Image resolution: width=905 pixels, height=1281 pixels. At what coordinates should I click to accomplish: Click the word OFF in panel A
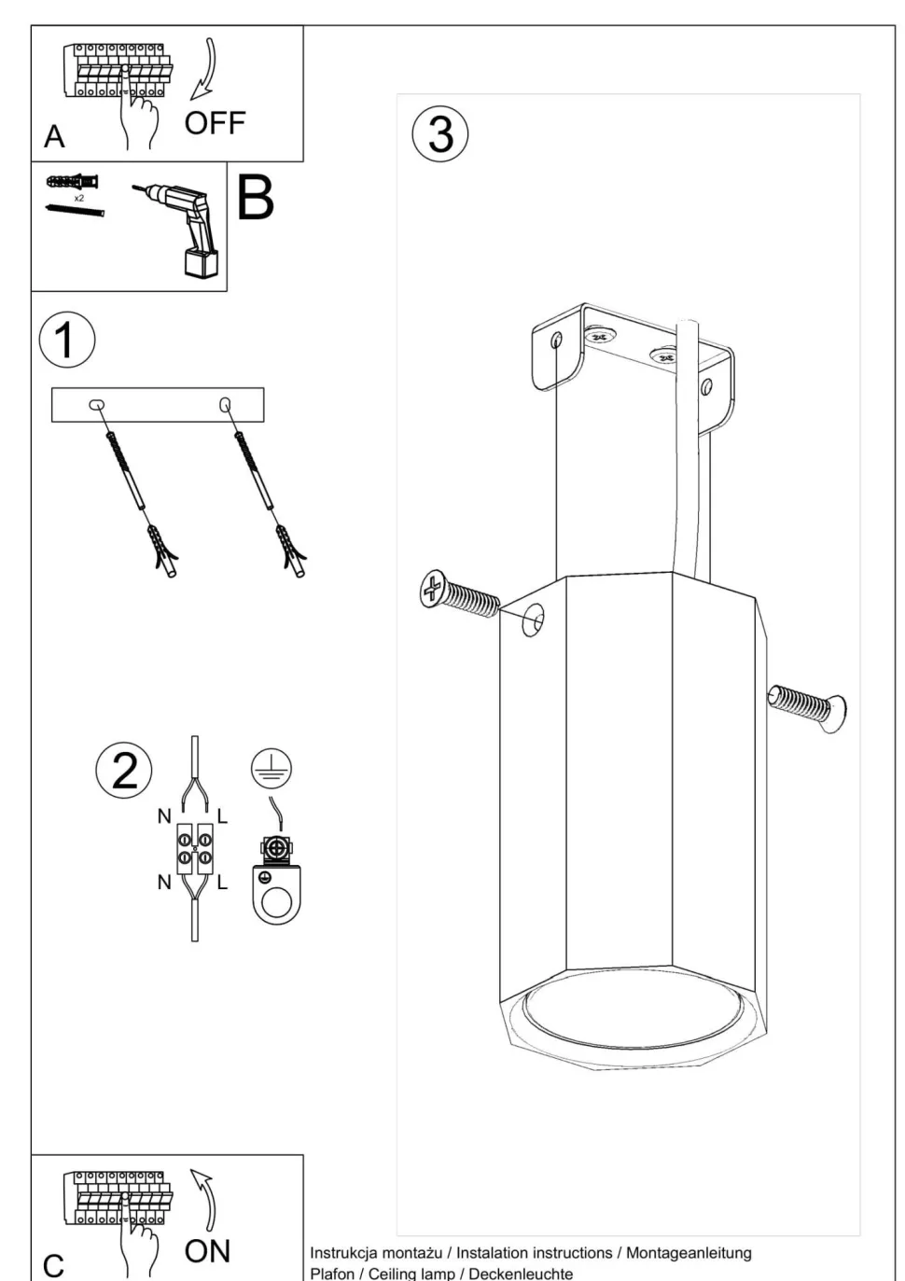click(x=215, y=123)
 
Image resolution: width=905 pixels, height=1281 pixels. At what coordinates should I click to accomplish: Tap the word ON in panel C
click(x=207, y=1251)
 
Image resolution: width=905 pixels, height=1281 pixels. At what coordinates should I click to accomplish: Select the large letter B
click(x=255, y=198)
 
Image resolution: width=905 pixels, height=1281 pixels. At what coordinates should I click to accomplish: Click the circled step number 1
click(x=67, y=340)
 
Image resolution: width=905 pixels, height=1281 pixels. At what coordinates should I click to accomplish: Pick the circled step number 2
click(x=124, y=771)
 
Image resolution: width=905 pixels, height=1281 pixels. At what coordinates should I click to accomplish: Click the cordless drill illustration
click(x=180, y=230)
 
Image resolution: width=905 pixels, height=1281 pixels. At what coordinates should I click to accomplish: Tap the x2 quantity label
click(x=79, y=198)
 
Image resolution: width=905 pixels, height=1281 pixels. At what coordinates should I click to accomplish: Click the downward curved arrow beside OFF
click(x=206, y=69)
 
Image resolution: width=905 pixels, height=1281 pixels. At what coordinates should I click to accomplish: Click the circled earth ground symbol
click(x=271, y=768)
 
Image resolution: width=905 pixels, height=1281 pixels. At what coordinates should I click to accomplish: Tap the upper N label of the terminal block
click(x=164, y=816)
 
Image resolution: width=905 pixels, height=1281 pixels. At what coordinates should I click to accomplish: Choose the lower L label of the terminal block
click(x=222, y=883)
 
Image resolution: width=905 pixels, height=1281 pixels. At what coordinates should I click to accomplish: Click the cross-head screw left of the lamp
click(x=458, y=594)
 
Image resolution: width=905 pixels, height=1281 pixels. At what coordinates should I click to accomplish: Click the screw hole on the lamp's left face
click(x=533, y=620)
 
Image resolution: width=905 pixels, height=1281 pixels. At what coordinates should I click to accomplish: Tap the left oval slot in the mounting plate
click(x=97, y=405)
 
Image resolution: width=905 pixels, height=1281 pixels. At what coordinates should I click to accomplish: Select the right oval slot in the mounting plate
click(x=225, y=404)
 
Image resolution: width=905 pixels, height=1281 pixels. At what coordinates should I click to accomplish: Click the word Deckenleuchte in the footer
click(x=521, y=1273)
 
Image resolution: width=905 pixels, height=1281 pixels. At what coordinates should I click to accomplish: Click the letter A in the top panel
click(x=54, y=136)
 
